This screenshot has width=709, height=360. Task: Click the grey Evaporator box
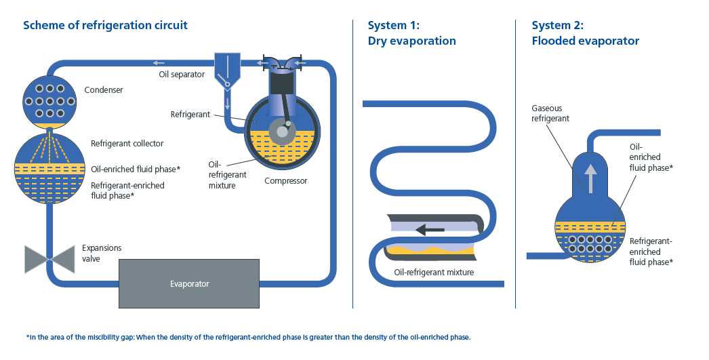click(x=189, y=283)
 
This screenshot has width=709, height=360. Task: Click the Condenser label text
click(x=104, y=90)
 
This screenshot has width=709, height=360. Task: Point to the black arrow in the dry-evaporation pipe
click(x=430, y=230)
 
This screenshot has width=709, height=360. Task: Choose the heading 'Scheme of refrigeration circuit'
click(x=105, y=26)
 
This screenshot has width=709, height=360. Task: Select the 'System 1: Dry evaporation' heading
click(x=411, y=33)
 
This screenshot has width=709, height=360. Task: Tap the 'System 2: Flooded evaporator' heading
click(x=585, y=33)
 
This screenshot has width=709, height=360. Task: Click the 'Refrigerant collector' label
click(x=127, y=144)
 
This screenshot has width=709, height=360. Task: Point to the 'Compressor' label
click(x=285, y=181)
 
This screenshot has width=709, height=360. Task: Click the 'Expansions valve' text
click(x=101, y=253)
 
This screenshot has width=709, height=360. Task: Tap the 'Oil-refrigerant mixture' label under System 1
click(x=434, y=273)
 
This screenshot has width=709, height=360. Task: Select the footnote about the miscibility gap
click(x=247, y=337)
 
